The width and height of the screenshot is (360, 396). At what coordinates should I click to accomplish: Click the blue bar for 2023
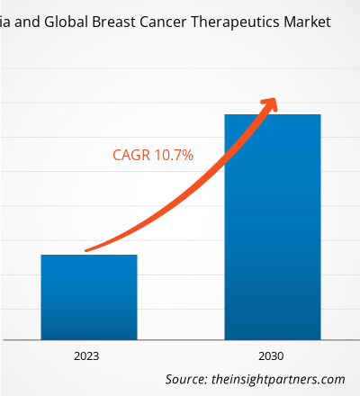click(89, 297)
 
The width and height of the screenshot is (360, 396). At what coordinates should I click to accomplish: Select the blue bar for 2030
click(273, 227)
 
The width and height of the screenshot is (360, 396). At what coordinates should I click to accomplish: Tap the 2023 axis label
click(86, 356)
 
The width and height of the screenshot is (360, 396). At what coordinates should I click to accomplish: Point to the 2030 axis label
click(271, 356)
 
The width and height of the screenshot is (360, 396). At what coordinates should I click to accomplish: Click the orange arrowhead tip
click(275, 99)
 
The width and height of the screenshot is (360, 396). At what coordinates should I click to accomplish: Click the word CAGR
click(131, 156)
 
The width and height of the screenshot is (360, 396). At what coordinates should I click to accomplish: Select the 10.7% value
click(174, 156)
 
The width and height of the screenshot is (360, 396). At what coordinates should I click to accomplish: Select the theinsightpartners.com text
click(278, 380)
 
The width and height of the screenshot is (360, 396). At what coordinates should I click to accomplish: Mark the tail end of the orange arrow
click(86, 250)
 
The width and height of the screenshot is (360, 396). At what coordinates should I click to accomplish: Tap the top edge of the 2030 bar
click(273, 114)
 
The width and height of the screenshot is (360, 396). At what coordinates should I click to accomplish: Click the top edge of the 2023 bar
click(89, 255)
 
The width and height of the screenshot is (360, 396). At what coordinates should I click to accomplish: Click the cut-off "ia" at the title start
click(5, 22)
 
